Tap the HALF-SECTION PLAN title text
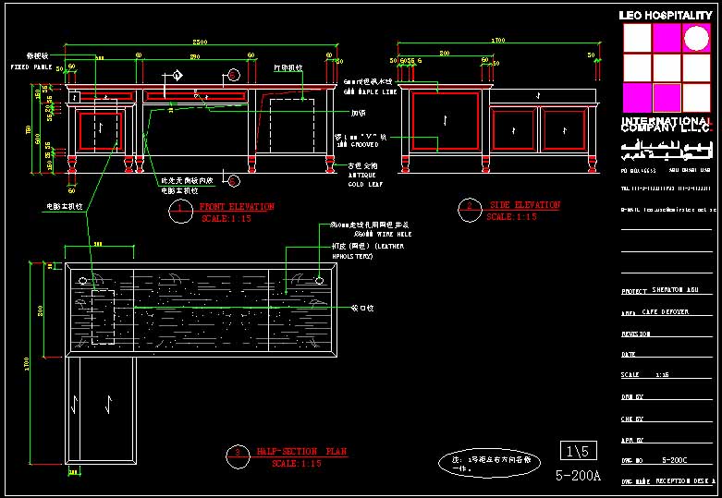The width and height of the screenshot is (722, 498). (300, 452)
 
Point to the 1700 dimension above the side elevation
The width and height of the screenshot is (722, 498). (498, 41)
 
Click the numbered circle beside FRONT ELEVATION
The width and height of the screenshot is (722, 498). (179, 212)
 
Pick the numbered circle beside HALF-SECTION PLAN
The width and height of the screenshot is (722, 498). (238, 454)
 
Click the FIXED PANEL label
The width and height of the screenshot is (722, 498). (31, 67)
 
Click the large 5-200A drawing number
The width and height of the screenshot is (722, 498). (578, 476)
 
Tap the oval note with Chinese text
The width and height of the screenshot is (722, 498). (488, 463)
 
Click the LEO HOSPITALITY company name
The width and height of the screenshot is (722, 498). (666, 16)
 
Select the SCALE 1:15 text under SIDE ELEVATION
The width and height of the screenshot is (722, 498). (511, 217)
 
